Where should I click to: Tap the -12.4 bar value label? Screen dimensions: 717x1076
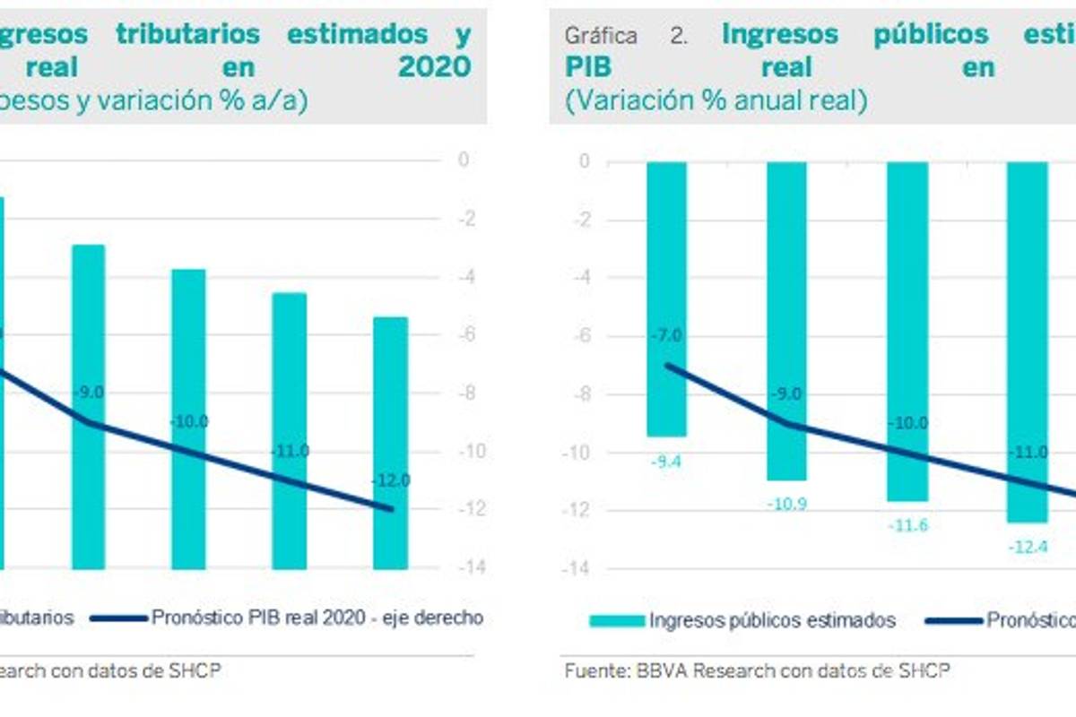pos(1026,547)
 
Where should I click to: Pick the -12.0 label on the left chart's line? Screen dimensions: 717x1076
pos(391,481)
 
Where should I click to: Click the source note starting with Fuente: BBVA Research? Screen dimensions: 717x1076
pos(758,670)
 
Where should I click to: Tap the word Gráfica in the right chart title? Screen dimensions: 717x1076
pos(601,36)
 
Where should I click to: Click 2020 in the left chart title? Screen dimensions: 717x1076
pos(434,67)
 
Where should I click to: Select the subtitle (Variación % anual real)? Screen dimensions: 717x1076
pos(716,101)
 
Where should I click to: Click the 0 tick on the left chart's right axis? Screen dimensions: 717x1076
pos(464,160)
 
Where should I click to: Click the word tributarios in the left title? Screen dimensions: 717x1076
pos(187,34)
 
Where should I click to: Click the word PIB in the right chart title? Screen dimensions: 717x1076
pos(588,67)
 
